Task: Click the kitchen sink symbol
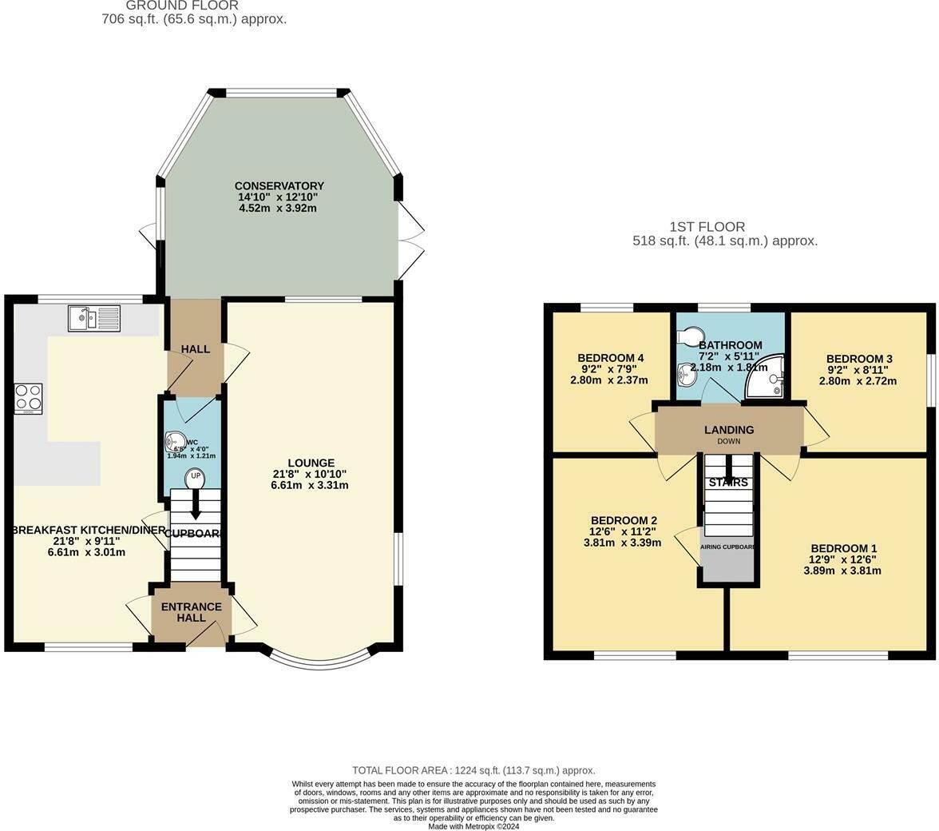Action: [x=93, y=318]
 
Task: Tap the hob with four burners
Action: [x=28, y=399]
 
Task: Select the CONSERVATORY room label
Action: [x=279, y=186]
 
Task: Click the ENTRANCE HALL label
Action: [x=192, y=612]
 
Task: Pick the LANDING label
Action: [x=728, y=430]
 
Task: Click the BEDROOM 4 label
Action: [x=610, y=357]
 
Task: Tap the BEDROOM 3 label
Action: [x=859, y=359]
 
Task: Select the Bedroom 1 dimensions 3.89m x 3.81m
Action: [x=843, y=571]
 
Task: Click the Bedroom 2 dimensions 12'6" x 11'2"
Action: [x=622, y=531]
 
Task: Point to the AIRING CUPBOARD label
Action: [x=727, y=547]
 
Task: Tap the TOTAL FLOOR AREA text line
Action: [x=474, y=770]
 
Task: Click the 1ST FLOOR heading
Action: [x=707, y=227]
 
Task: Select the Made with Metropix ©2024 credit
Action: [x=473, y=826]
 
